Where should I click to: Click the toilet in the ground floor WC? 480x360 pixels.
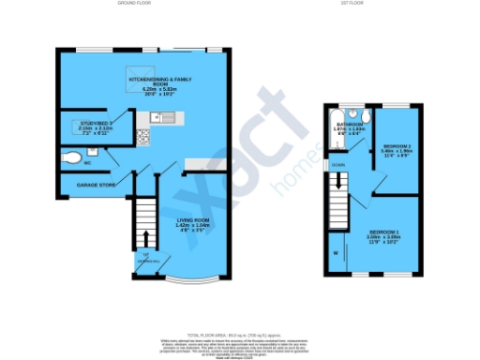70,158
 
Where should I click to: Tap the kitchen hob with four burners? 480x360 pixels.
144,136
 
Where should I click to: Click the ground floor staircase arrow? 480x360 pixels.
145,234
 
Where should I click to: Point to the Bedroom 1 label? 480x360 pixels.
384,234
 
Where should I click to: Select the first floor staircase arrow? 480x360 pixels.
334,192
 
